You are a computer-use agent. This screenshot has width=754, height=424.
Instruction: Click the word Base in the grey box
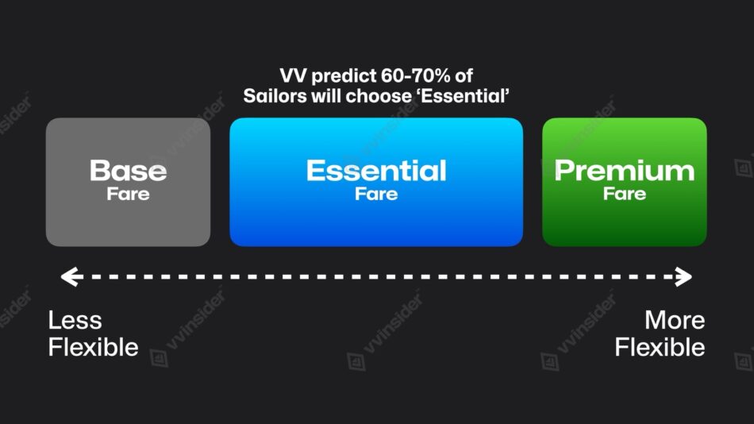point(128,171)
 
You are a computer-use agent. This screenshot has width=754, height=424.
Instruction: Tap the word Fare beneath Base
point(128,194)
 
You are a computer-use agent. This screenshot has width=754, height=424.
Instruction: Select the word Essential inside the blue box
point(376,171)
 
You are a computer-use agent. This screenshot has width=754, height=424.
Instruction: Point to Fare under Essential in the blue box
point(376,194)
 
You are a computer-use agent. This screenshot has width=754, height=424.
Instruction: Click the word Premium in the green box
point(624,171)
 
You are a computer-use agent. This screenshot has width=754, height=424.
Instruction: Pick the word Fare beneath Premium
point(624,194)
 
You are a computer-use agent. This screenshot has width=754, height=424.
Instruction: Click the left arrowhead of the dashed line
point(69,277)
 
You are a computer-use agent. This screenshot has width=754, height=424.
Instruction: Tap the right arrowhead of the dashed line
point(683,277)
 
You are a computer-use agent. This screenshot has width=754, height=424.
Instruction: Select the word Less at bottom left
point(75,321)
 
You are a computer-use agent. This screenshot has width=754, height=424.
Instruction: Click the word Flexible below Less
point(93,348)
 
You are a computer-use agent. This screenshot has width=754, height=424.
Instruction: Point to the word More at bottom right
point(675,321)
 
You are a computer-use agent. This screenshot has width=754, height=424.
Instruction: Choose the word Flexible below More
point(660,348)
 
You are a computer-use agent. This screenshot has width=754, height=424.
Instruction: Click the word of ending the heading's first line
point(464,77)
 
